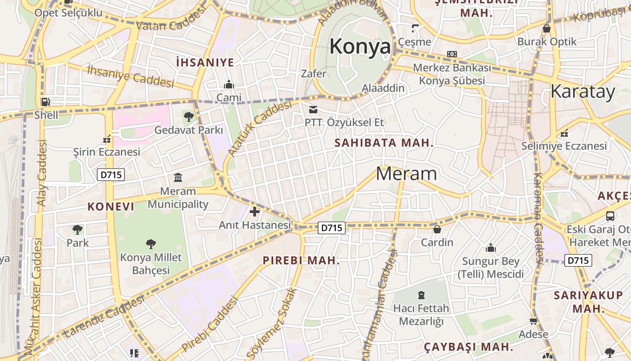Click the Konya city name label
tap(360, 47)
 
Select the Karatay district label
tap(582, 92)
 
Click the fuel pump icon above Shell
tap(46, 102)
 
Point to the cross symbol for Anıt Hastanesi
tap(255, 211)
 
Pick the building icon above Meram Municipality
tap(178, 177)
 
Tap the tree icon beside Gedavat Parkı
tap(189, 117)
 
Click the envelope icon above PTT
tap(313, 109)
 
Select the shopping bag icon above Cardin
tap(437, 229)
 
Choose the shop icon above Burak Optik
tap(547, 28)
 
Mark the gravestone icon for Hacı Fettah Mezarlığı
tap(421, 295)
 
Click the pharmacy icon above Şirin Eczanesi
tap(107, 139)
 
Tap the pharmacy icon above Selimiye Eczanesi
tap(564, 133)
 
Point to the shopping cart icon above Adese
tap(534, 321)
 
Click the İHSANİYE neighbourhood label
tap(205, 62)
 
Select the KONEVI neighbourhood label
tap(111, 207)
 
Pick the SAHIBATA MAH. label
tap(384, 143)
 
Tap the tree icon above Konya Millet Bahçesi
tap(151, 244)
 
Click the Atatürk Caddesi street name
tap(260, 129)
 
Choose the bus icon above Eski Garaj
tap(610, 216)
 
